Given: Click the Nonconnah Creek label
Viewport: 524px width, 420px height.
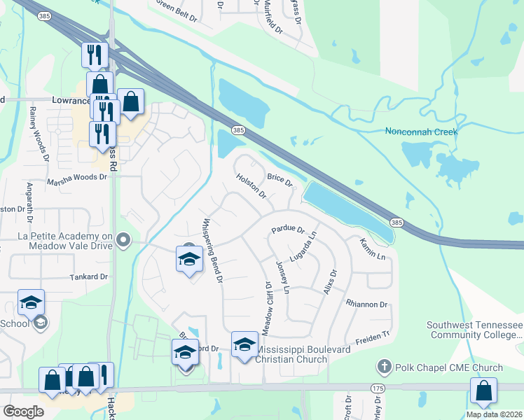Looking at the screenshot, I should (421, 132).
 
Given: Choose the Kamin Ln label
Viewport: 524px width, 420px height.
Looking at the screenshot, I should (373, 249).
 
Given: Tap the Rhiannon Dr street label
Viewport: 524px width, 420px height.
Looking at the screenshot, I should (366, 304).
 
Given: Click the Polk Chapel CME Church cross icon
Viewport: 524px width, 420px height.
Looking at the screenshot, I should (383, 367).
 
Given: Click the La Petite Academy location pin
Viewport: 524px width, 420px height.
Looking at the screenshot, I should (124, 241).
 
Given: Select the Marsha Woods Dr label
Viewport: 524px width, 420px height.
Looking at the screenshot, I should (76, 178).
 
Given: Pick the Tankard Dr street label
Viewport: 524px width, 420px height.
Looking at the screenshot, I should (88, 277).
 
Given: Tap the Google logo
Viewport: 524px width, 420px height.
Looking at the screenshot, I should (23, 412).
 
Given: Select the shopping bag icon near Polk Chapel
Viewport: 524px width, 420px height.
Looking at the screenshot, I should (483, 392).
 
